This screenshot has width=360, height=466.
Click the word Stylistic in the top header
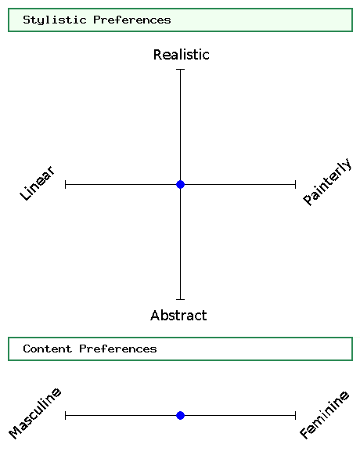[55, 20]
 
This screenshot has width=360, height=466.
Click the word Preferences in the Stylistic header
[132, 20]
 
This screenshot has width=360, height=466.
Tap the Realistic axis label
[182, 55]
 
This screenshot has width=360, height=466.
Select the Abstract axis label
[178, 316]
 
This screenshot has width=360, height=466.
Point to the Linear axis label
[38, 183]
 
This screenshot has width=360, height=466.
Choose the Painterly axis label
[327, 182]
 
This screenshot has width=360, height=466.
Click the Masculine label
[35, 413]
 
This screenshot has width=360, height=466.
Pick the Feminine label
[324, 415]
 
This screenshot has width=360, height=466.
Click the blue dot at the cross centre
[180, 185]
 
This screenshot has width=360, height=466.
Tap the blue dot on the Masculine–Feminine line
[180, 415]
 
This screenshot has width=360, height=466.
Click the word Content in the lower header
[48, 349]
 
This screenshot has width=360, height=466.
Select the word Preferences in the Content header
[118, 349]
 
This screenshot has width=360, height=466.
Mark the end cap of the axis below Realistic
[180, 69]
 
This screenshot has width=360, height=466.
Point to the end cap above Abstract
[180, 299]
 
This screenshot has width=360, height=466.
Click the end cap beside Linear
[65, 185]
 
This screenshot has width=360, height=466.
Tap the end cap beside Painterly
[296, 185]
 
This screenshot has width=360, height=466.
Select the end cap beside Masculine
[65, 415]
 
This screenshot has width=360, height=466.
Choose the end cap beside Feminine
[296, 415]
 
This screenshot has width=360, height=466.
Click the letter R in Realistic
[157, 55]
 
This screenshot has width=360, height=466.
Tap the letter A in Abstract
[155, 316]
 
